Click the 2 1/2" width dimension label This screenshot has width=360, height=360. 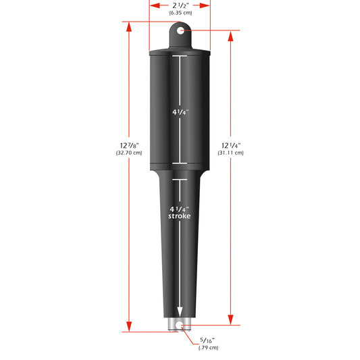point(179,5)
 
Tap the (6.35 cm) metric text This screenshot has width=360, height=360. point(179,12)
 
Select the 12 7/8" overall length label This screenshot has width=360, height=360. point(128,145)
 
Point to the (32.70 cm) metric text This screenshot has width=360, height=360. point(128,153)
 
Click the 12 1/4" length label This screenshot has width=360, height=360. point(230,145)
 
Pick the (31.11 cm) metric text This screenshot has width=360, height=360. point(230,153)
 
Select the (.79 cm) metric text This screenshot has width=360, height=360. point(208,348)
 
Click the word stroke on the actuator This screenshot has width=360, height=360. point(180,216)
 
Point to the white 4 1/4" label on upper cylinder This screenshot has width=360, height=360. point(180,111)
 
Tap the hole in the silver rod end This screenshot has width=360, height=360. point(180,325)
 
